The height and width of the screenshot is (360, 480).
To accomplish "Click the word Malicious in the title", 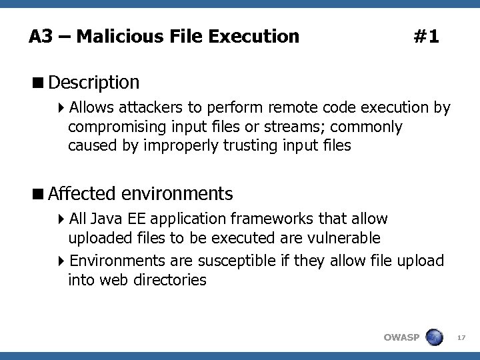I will coord(110,36).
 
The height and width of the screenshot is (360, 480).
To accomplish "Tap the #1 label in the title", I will coord(426,36).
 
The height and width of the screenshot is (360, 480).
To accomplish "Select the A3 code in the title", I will coord(40,36).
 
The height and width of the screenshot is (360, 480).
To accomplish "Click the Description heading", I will coord(94,83).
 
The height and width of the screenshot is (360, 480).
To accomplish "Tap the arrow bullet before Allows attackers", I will coord(61,107).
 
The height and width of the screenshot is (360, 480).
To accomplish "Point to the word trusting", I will coord(250,145).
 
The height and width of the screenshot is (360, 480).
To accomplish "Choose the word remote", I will coord(293,107).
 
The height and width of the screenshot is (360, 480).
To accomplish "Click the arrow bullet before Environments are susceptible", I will coord(61,261).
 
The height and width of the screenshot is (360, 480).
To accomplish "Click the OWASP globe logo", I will coord(434,337).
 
